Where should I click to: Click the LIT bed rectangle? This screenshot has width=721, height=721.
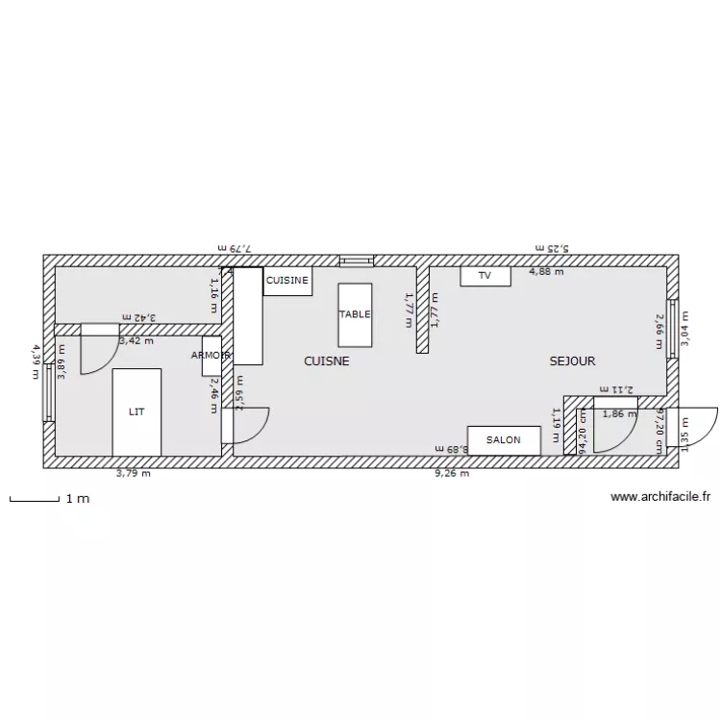(x=137, y=411)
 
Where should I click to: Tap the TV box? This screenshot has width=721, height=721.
(x=485, y=276)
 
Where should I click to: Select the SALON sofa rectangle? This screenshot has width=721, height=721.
(x=503, y=440)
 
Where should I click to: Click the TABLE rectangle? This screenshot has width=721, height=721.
(x=354, y=314)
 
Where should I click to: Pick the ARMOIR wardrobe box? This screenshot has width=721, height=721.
(x=211, y=356)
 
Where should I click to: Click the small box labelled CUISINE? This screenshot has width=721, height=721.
(x=287, y=281)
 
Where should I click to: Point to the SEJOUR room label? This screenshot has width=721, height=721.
(x=572, y=361)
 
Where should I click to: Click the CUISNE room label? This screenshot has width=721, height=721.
(x=326, y=361)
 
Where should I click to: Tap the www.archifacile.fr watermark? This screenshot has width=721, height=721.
(x=659, y=497)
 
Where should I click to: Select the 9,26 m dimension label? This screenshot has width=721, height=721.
(x=452, y=473)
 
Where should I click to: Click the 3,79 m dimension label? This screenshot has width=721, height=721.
(x=134, y=473)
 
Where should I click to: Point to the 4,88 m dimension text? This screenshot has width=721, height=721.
(x=546, y=272)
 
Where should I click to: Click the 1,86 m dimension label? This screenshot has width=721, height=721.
(x=619, y=414)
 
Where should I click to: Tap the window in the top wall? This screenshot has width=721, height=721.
(x=356, y=260)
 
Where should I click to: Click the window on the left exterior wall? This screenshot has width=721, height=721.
(x=48, y=392)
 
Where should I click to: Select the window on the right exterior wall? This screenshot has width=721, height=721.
(x=673, y=328)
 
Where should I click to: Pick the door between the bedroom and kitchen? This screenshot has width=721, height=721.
(x=245, y=424)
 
